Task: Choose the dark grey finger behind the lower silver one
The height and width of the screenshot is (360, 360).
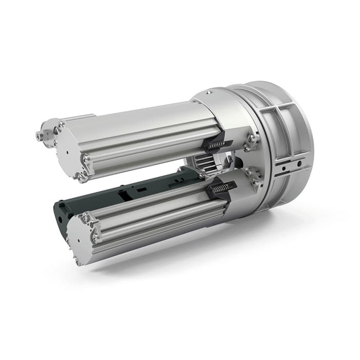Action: click(129, 193)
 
